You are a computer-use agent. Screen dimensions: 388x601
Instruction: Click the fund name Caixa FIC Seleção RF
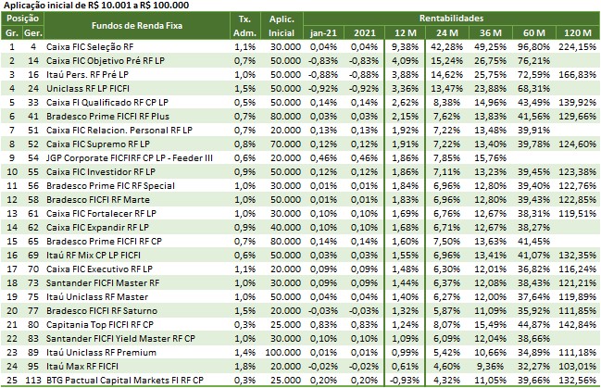(x=88, y=45)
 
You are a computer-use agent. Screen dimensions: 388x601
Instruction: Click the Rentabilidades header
(x=457, y=18)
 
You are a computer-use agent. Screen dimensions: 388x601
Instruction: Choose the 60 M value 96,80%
(x=535, y=45)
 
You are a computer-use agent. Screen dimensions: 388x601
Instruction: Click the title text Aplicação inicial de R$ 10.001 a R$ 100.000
(x=91, y=6)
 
